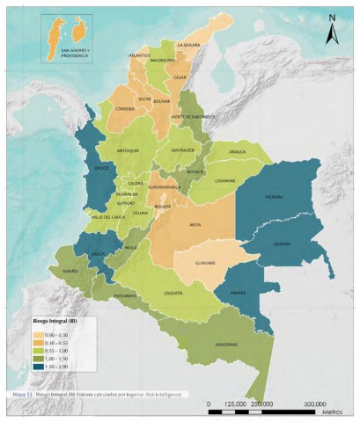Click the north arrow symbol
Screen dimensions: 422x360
click(x=330, y=32)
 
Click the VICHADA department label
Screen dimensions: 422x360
click(x=275, y=197)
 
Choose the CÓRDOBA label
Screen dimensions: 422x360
click(x=125, y=108)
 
